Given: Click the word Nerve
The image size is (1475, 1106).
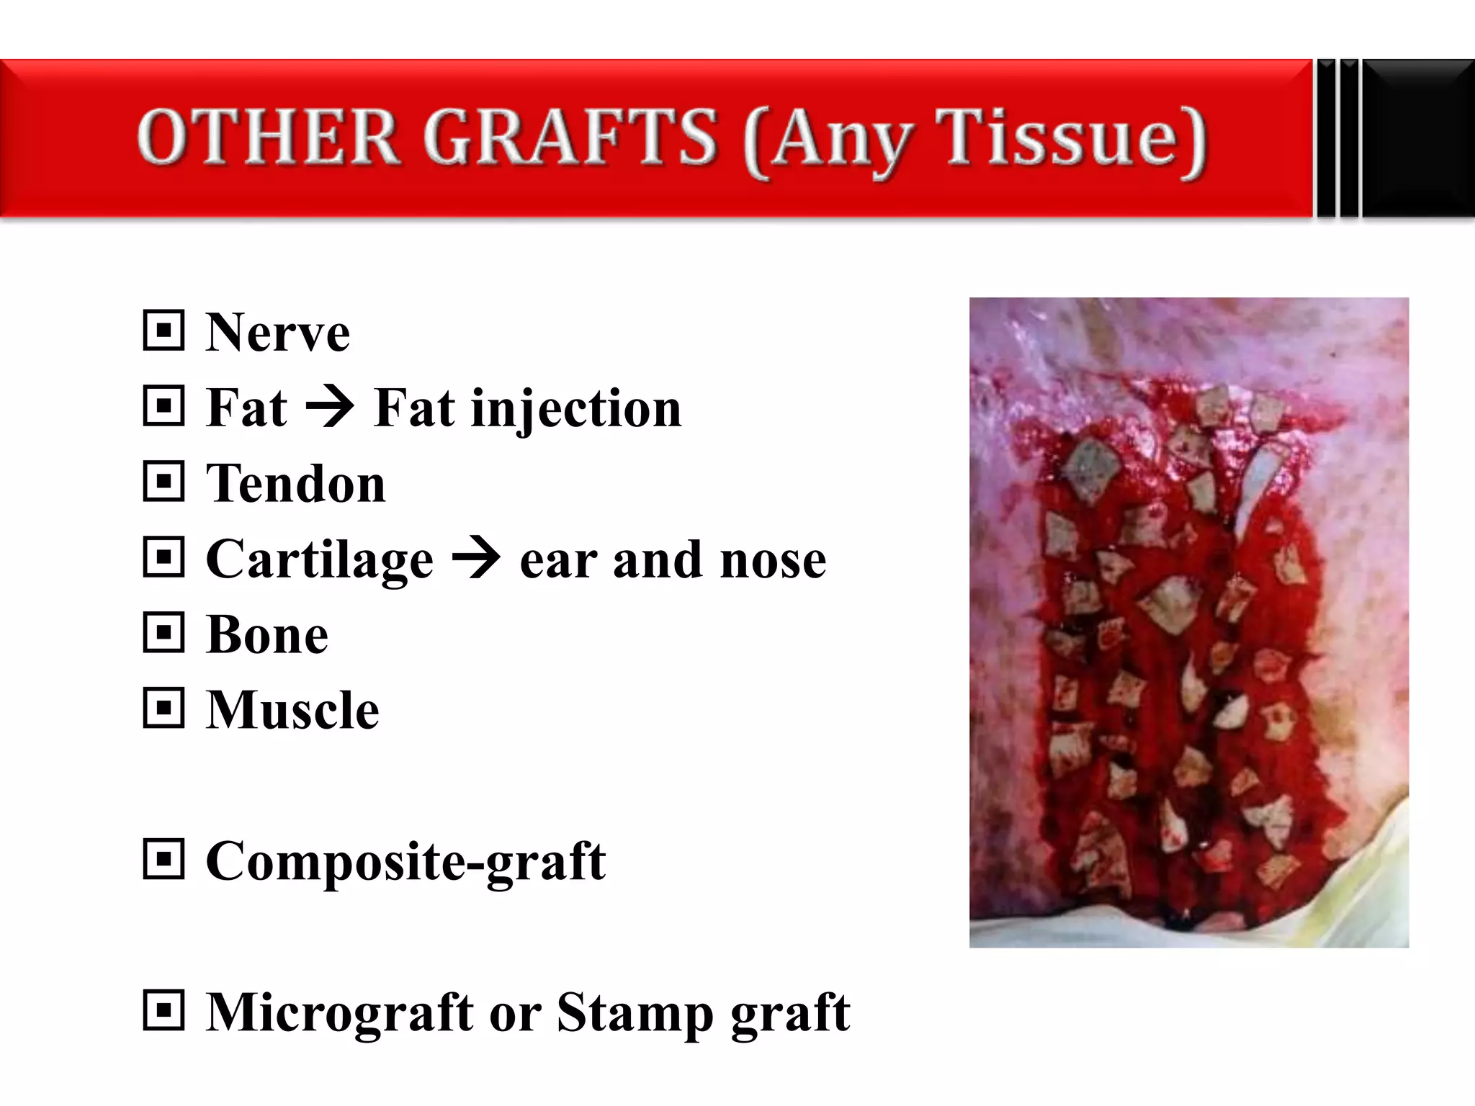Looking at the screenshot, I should (x=277, y=333).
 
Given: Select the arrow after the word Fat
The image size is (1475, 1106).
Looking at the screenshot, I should (x=330, y=407).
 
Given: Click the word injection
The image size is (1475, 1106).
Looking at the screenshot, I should (x=576, y=409).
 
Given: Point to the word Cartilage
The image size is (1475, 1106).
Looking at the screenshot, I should (x=320, y=559).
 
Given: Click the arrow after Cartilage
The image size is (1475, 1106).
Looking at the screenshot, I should (x=476, y=558).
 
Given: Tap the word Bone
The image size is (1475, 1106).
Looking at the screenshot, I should (x=267, y=635).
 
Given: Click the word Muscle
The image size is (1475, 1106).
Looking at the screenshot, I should (x=292, y=711).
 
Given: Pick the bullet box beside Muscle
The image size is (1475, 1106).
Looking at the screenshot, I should (x=164, y=708).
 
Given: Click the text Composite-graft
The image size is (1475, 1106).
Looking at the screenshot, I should (x=405, y=862).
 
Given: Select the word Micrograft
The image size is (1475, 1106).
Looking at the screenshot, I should (x=339, y=1013).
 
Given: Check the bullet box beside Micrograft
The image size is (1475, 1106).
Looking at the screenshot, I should (x=164, y=1010).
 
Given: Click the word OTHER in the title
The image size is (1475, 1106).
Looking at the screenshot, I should (x=268, y=137).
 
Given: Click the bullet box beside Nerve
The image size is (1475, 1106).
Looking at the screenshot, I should (x=164, y=331).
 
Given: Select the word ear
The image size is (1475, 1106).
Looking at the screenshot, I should (x=558, y=562).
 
